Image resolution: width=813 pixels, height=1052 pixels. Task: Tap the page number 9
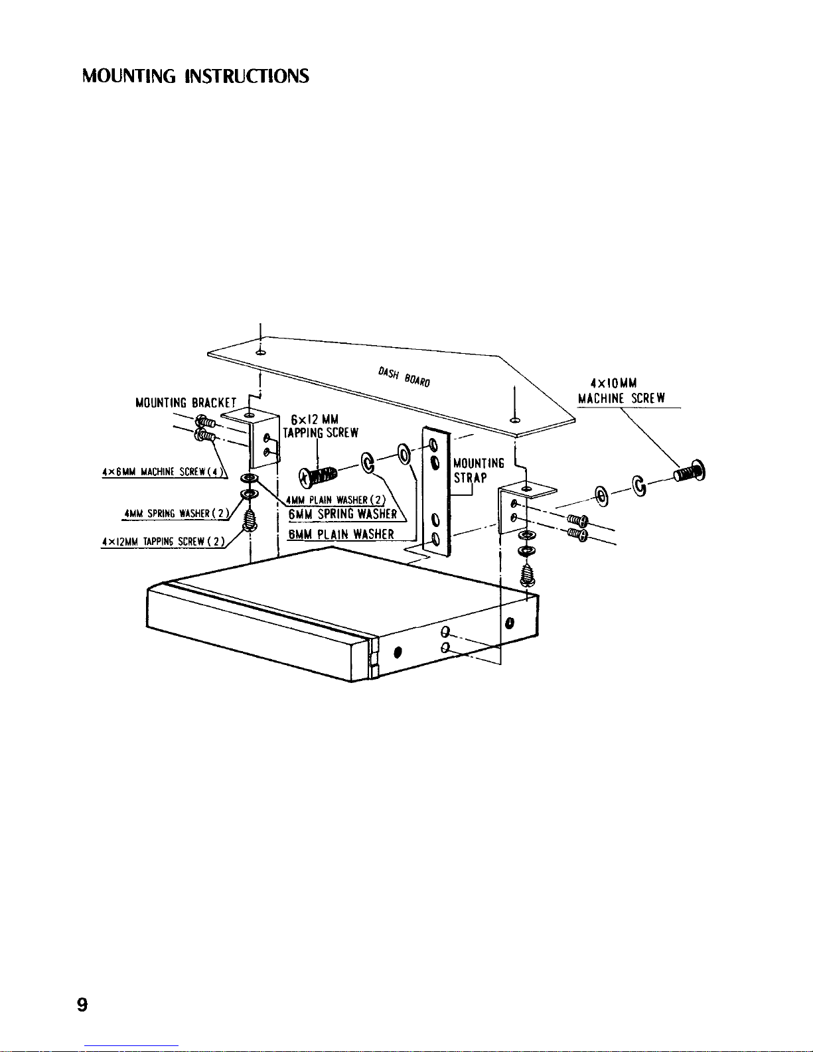pos(82,1004)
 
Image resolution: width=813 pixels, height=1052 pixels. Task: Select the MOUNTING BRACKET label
pos(185,402)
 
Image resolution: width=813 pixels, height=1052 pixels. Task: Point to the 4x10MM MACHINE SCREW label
pos(621,391)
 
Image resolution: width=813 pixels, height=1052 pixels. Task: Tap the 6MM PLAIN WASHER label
pos(341,534)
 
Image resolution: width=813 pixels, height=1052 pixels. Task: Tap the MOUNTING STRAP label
pos(479,470)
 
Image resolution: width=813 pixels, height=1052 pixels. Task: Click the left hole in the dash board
pos(260,353)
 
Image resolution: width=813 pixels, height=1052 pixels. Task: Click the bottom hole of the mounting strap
pos(435,538)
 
